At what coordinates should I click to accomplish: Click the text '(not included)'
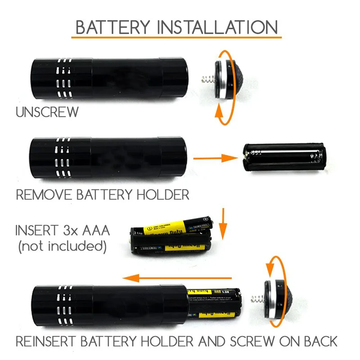pyautogui.click(x=62, y=246)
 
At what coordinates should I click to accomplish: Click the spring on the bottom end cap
pyautogui.click(x=256, y=299)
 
